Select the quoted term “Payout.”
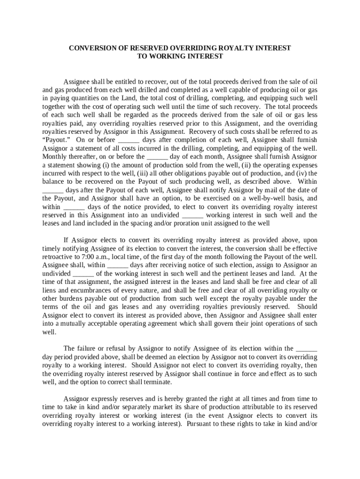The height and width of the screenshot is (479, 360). click(56, 139)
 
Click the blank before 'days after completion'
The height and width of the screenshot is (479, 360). click(129, 139)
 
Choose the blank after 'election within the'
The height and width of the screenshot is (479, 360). click(307, 348)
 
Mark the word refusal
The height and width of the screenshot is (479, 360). click(111, 348)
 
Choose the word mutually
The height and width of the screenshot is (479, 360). click(79, 324)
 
